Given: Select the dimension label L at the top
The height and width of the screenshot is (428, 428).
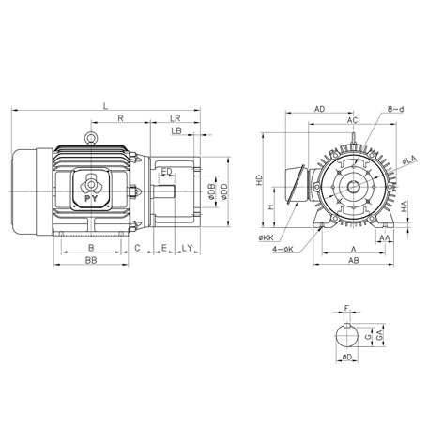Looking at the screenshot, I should point(105,105).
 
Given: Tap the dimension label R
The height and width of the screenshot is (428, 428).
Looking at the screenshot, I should point(121,118).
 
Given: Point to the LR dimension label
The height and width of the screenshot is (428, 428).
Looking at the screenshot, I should point(176,118).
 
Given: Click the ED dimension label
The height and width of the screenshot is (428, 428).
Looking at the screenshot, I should point(166,171).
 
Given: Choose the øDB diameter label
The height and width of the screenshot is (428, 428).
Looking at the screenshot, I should point(211,191).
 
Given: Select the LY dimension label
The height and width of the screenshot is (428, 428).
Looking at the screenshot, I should point(187,248).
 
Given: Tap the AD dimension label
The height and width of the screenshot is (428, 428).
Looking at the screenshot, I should point(320,110).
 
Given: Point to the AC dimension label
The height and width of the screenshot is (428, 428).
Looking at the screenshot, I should point(351,121).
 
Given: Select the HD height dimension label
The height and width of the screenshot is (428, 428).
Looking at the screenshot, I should point(260,180).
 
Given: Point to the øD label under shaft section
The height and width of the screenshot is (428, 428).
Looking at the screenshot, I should point(346,358).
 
